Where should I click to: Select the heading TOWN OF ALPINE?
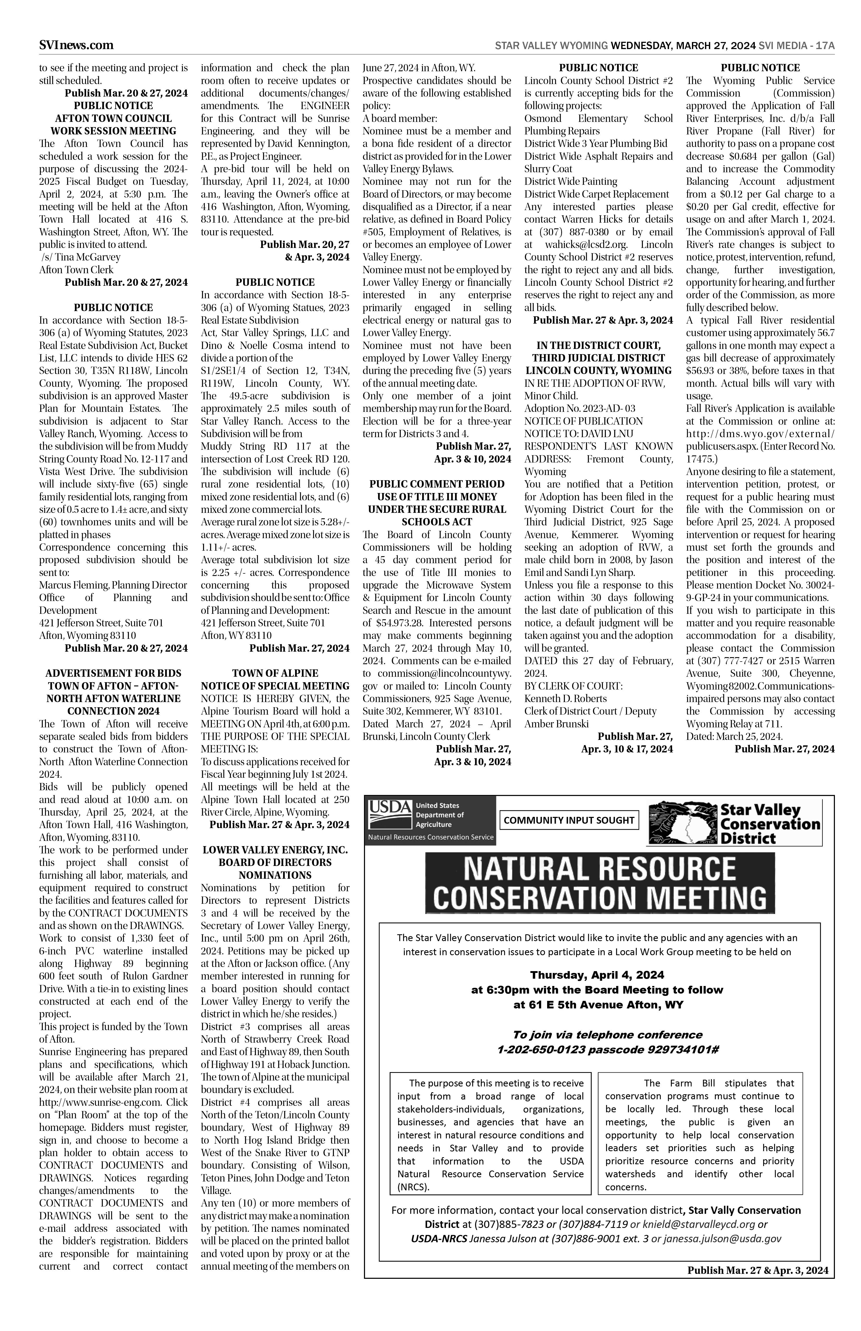[x=275, y=673]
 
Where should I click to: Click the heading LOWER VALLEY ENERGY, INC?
[x=275, y=849]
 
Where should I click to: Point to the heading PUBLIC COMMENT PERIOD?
[x=437, y=484]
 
